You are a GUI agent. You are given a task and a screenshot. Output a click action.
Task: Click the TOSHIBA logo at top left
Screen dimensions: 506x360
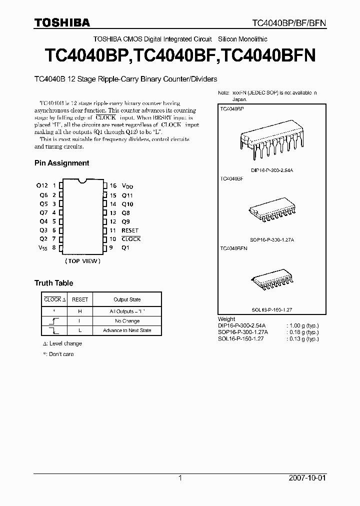click(x=62, y=22)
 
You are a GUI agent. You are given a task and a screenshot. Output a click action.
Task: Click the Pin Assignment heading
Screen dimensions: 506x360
click(x=61, y=163)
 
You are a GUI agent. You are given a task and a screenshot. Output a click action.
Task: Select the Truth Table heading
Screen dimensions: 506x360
click(x=53, y=283)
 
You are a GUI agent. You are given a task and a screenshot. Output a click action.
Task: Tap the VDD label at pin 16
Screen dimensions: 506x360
click(x=127, y=185)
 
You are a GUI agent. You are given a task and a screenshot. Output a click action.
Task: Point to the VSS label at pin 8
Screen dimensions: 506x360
click(x=43, y=248)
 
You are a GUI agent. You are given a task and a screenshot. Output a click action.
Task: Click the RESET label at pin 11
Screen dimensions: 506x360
click(x=130, y=230)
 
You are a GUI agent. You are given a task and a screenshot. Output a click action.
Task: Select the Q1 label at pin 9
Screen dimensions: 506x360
click(x=125, y=248)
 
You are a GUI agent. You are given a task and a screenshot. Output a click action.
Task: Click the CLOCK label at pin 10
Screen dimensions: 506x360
click(x=131, y=239)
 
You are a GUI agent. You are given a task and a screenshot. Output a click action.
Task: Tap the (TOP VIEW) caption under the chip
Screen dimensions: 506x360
click(x=82, y=261)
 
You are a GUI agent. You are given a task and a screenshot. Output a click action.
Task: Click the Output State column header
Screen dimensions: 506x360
click(x=127, y=300)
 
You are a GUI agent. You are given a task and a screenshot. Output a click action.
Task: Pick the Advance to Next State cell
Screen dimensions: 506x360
click(x=127, y=330)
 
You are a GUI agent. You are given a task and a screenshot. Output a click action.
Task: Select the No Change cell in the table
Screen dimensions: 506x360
click(x=127, y=321)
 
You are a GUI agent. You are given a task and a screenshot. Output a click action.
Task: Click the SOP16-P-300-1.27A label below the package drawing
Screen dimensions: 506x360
click(x=272, y=240)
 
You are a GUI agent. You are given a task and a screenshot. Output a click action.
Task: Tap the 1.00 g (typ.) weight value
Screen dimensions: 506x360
click(x=302, y=325)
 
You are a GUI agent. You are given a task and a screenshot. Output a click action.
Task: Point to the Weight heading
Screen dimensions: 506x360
click(x=226, y=319)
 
